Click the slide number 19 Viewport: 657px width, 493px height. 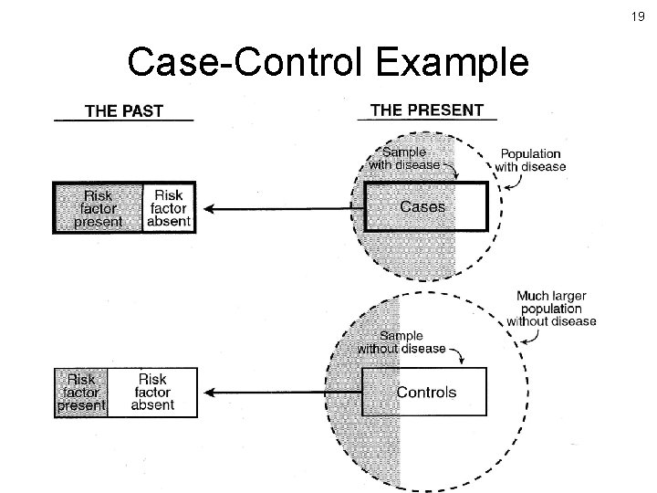tap(638, 16)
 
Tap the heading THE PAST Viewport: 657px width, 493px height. tap(123, 111)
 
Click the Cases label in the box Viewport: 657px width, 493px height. tap(422, 207)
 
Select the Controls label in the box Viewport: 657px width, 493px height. tap(426, 393)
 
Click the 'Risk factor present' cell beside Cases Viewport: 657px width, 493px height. tap(99, 209)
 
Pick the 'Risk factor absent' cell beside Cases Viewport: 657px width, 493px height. tap(168, 209)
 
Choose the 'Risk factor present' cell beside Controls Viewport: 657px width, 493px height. tap(81, 393)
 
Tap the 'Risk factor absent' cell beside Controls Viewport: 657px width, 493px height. tap(152, 393)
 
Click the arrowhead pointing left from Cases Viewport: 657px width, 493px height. tap(209, 209)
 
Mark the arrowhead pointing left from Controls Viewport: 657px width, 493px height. tap(209, 393)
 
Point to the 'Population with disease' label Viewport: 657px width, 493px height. tap(530, 160)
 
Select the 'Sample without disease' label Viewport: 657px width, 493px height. tap(401, 342)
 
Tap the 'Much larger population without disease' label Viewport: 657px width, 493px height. tap(551, 309)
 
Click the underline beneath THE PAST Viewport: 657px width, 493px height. tap(123, 121)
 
